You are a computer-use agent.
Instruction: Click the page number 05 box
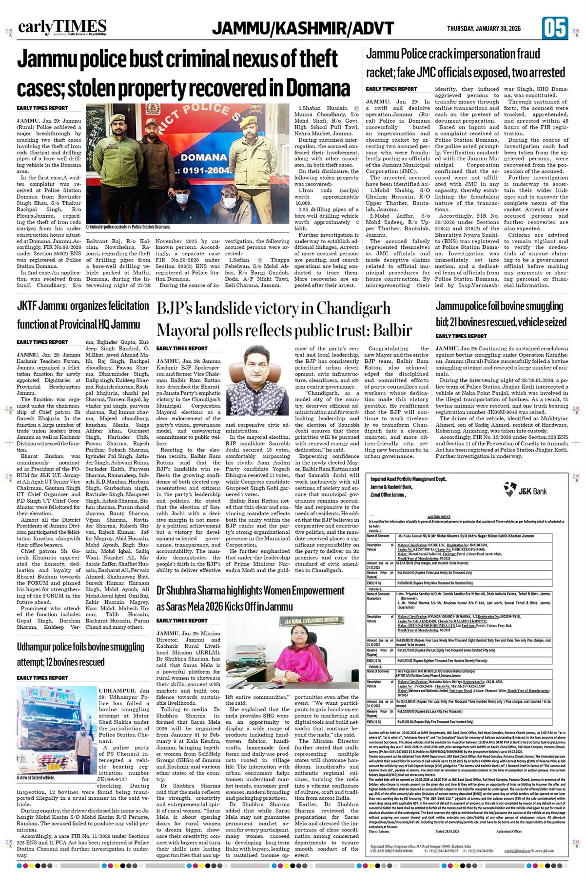point(554,28)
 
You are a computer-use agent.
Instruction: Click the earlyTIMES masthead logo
point(62,27)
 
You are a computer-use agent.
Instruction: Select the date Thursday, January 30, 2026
point(484,29)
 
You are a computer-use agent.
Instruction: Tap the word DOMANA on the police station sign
point(204,157)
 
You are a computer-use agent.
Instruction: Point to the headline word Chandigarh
point(353,308)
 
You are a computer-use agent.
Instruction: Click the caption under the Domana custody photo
point(128,227)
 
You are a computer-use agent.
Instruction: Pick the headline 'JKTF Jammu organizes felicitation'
point(83,306)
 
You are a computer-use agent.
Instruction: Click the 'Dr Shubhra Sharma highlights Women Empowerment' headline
point(250,591)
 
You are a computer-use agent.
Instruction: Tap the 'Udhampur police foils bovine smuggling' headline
point(80,647)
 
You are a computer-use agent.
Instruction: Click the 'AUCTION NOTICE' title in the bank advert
point(439,517)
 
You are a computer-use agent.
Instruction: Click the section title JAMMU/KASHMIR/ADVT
point(303,28)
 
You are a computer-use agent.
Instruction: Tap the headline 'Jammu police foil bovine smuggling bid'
point(500,307)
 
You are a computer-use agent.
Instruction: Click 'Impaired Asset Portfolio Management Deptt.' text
point(408,479)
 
